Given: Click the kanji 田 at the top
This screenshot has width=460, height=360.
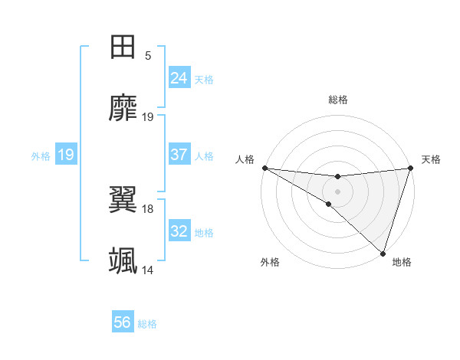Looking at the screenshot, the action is (x=123, y=47).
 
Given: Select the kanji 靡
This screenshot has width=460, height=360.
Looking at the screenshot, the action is (x=123, y=108).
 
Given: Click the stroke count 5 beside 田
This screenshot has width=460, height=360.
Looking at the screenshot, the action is (x=148, y=56).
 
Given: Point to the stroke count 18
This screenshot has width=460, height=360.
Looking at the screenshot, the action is (x=148, y=208).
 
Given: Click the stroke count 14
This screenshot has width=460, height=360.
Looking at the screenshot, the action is (x=148, y=270).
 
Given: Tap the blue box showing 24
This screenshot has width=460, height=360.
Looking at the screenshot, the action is (x=179, y=78).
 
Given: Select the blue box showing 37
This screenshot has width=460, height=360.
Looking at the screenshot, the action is (x=179, y=155).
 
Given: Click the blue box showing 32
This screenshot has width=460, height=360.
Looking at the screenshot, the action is (x=179, y=231).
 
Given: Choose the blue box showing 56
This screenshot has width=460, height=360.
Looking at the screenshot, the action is (x=123, y=323).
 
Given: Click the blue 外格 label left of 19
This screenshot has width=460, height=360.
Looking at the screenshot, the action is (x=41, y=155).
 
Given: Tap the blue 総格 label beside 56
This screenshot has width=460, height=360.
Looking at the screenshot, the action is (x=147, y=324).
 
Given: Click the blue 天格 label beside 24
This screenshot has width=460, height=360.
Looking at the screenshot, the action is (x=204, y=79).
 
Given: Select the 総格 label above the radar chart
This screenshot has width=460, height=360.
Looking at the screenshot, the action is (x=337, y=100).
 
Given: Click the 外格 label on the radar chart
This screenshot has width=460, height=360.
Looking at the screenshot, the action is (x=270, y=262).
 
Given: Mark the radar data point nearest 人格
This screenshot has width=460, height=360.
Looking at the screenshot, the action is (x=264, y=167).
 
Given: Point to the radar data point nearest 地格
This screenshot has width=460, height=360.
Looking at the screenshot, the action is (x=383, y=253).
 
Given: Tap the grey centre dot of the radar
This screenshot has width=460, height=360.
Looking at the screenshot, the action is (x=337, y=191).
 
